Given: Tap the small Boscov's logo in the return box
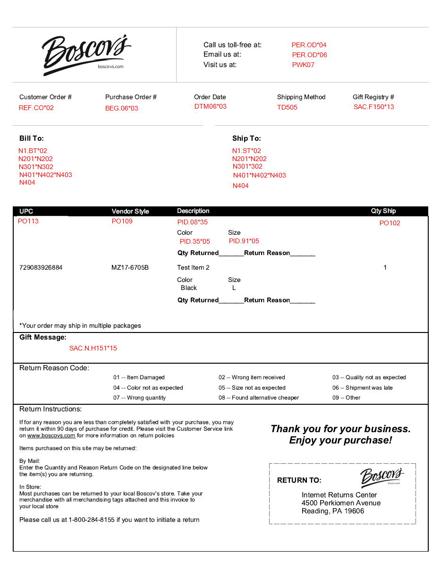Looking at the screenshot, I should coord(382,476).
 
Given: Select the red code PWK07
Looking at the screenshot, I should coord(303,65).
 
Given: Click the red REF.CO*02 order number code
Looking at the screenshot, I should coord(36,108).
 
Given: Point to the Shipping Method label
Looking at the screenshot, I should coord(301,97).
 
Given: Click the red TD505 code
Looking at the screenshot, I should coord(287,107).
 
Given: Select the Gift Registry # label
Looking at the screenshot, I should coord(373,97).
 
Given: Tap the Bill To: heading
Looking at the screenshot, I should coord(32,138).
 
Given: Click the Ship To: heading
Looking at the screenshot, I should coord(246,138).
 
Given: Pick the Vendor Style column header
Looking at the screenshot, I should coord(130,211).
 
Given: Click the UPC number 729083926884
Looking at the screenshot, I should coord(41,267).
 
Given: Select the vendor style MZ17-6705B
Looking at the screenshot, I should coord(130,267).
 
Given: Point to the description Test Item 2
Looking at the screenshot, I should coord(193,267).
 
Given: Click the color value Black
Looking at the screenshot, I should coord(189,288).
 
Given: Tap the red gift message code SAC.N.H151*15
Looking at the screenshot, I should coord(93,348).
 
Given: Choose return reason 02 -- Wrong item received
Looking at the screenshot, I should coord(252,377).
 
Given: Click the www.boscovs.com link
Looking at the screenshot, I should coord(51,435).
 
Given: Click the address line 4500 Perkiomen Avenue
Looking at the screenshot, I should coord(341,503).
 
